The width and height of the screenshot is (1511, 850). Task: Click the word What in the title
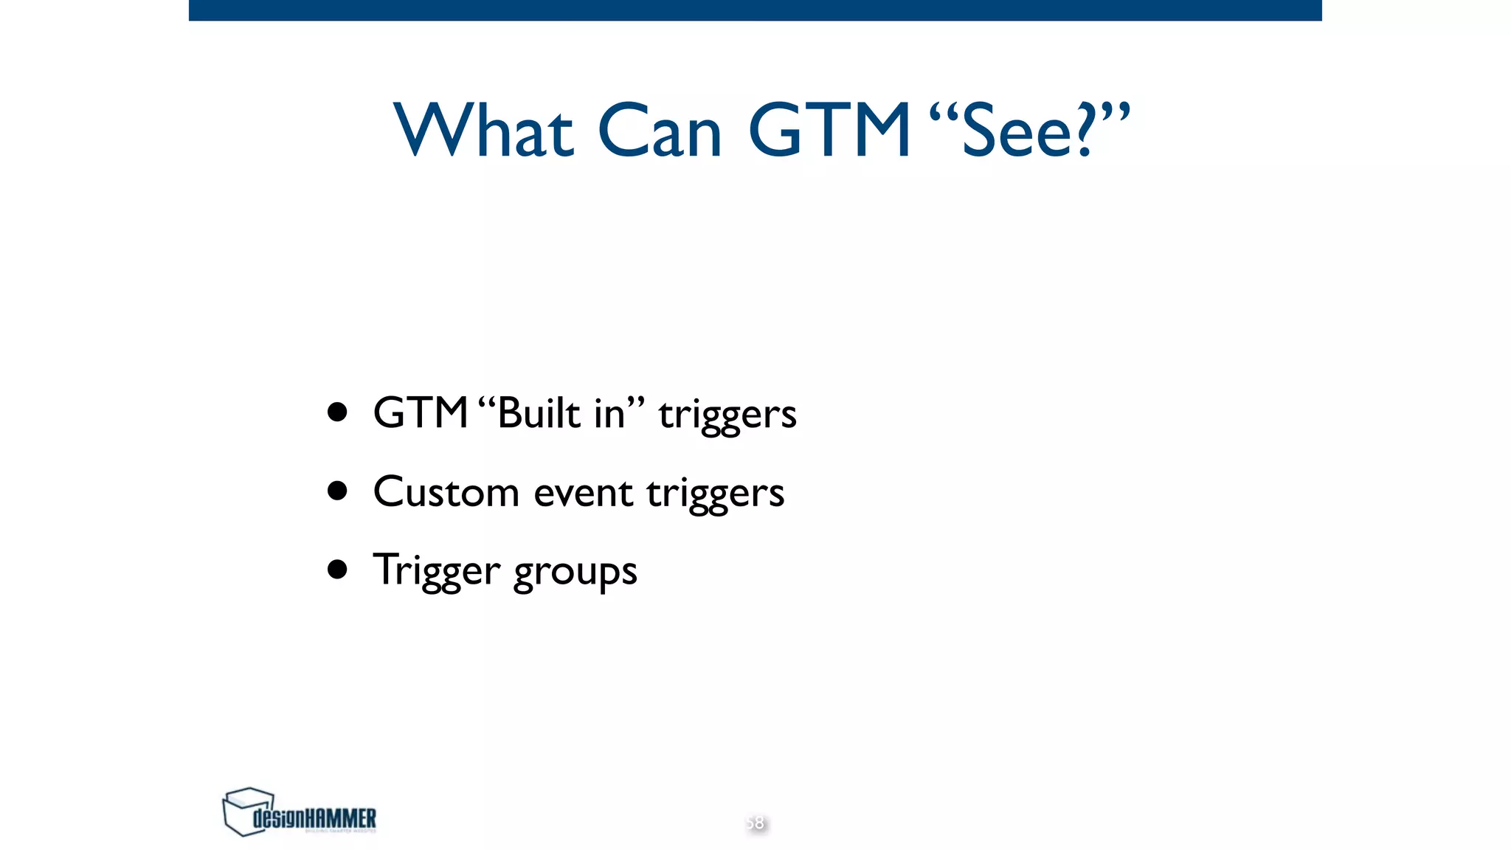click(483, 131)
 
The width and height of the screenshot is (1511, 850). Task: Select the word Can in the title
click(659, 131)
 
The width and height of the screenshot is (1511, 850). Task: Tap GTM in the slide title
click(829, 131)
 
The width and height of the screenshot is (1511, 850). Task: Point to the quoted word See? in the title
click(1028, 131)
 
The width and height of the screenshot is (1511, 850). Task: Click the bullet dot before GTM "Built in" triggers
click(337, 412)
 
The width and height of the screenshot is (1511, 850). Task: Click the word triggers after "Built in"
click(727, 415)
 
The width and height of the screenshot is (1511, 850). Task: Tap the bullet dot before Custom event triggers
click(337, 491)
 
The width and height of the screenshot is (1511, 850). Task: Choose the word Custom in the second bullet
click(446, 491)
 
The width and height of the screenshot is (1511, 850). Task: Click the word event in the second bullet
click(583, 493)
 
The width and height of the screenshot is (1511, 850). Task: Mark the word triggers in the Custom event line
click(715, 494)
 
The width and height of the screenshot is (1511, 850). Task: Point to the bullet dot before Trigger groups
click(337, 569)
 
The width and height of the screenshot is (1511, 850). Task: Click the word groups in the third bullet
click(575, 573)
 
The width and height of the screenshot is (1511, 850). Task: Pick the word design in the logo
click(278, 818)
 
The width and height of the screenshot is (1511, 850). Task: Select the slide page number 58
click(755, 823)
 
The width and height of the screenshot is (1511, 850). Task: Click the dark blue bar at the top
click(755, 10)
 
